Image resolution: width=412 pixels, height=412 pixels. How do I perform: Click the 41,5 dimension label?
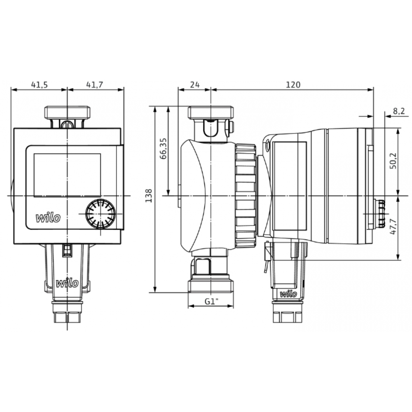pos(40,84)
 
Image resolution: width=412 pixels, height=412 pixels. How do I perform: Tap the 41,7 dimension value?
pos(95,84)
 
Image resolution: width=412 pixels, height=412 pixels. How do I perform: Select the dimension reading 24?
pos(194,84)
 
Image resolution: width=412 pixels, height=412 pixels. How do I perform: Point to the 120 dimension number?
pos(293,84)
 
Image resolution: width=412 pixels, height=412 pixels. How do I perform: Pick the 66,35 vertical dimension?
pos(163,149)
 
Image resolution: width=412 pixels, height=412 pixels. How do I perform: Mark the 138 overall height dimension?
pos(149,196)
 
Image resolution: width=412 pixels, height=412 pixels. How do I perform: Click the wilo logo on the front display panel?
pos(48,218)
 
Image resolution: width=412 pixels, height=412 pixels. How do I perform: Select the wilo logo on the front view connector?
pos(67,283)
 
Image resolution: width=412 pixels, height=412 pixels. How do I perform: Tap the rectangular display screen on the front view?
pos(67,175)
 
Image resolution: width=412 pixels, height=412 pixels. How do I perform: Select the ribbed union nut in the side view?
pos(246,196)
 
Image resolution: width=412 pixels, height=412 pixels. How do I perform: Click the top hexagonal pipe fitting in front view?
pos(67,112)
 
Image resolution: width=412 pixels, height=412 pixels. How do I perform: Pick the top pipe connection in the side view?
pos(211,112)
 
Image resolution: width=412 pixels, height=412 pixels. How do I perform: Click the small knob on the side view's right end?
pos(379,213)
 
